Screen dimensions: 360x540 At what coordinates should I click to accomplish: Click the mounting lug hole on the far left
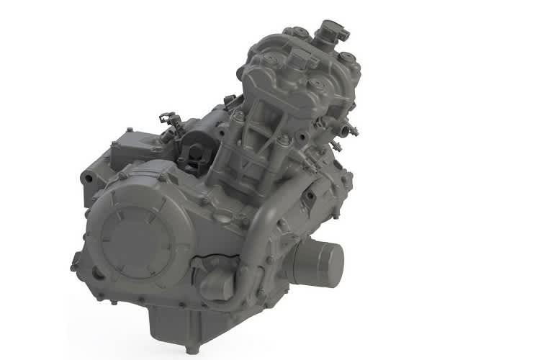click(87, 174)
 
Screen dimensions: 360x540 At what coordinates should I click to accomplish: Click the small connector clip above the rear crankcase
click(168, 117)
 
